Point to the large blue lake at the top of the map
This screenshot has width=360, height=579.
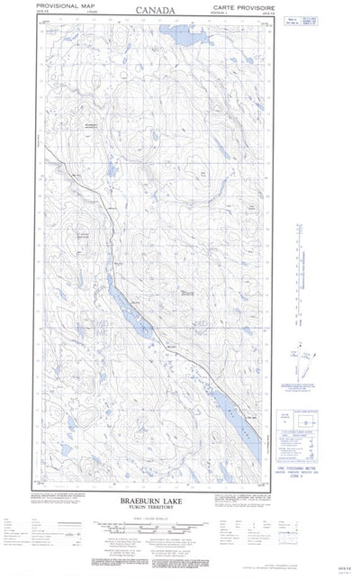point(177,35)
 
